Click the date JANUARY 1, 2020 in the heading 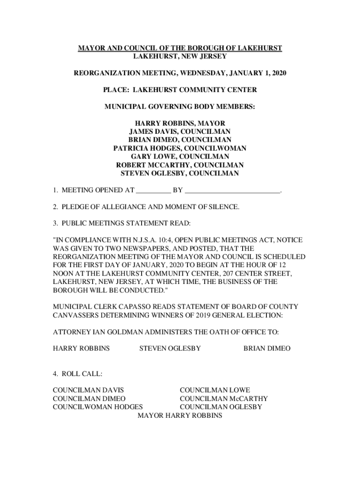259,73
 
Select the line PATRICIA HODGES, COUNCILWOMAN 180,148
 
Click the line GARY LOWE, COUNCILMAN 180,157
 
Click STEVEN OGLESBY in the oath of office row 170,348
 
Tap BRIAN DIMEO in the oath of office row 267,348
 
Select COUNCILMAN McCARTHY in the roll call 224,399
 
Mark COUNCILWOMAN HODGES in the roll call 98,407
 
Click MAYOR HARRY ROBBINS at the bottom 180,415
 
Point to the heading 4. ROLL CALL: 78,374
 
